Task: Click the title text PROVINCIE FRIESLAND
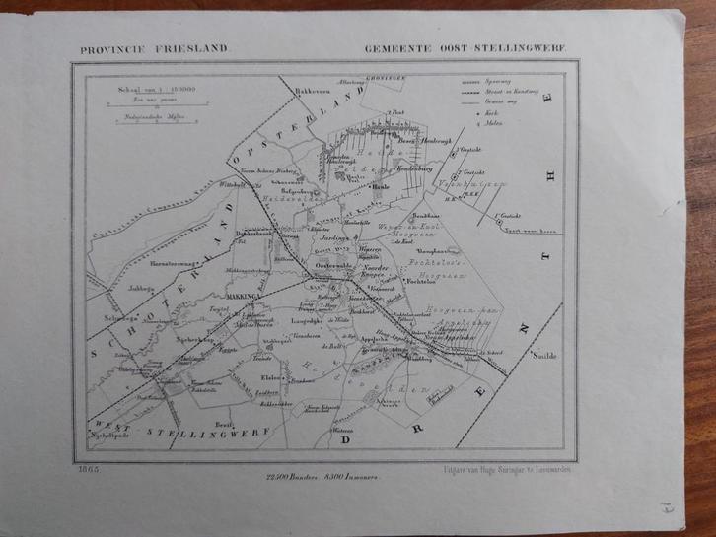tap(142, 47)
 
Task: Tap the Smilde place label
tap(543, 357)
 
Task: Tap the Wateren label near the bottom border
tap(342, 431)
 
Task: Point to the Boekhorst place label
tap(362, 311)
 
